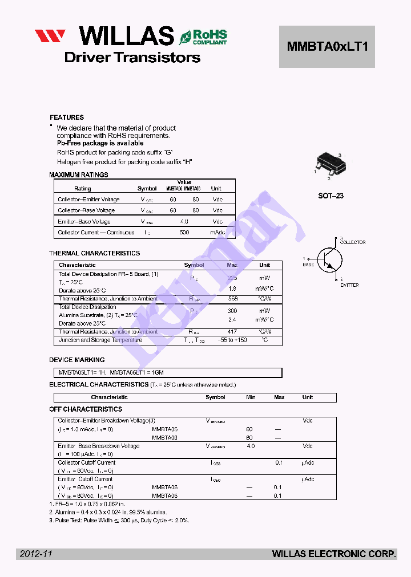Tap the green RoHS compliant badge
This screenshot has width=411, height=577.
click(x=204, y=37)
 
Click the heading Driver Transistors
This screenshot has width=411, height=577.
click(x=132, y=58)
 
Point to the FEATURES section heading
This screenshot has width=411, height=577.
click(x=67, y=117)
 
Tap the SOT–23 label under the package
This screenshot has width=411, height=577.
click(x=331, y=196)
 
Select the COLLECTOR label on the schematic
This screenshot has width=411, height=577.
click(x=352, y=242)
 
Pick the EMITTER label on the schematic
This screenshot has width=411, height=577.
click(x=349, y=285)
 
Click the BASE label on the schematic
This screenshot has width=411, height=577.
click(x=308, y=265)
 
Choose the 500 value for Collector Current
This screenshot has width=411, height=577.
click(x=184, y=233)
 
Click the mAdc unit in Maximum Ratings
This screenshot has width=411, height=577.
click(x=217, y=233)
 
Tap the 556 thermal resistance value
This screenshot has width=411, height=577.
click(x=232, y=299)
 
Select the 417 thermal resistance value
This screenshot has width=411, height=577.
click(x=232, y=331)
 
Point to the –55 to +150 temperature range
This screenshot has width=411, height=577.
click(x=232, y=340)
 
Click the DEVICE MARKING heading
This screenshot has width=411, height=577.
click(x=77, y=360)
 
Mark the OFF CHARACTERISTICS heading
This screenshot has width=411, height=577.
click(x=86, y=409)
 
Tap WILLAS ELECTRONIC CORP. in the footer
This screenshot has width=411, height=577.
click(x=334, y=554)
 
